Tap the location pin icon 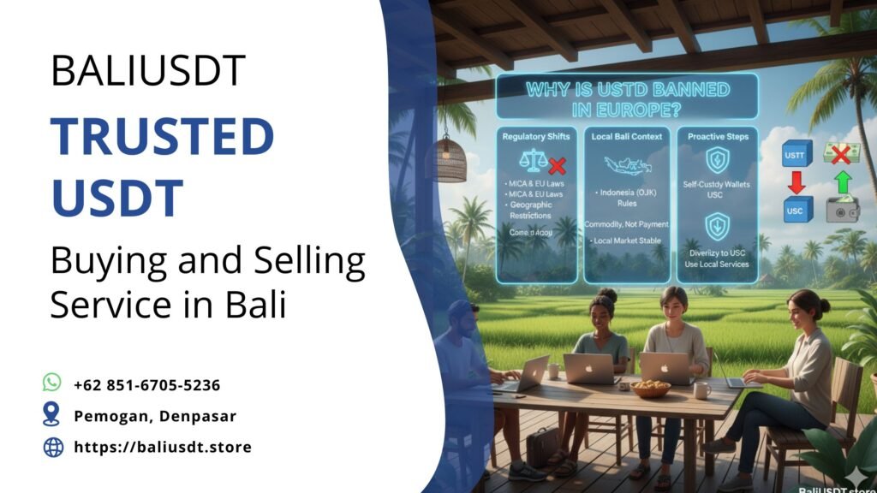(x=52, y=415)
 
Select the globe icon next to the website (x=53, y=447)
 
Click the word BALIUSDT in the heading (x=149, y=71)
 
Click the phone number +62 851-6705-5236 (x=147, y=385)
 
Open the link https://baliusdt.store (x=163, y=447)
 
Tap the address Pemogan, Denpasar (x=155, y=416)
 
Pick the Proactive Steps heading (x=717, y=136)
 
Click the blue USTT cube (x=796, y=154)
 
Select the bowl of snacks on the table (x=649, y=389)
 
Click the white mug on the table (x=701, y=390)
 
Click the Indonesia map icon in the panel (x=626, y=165)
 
